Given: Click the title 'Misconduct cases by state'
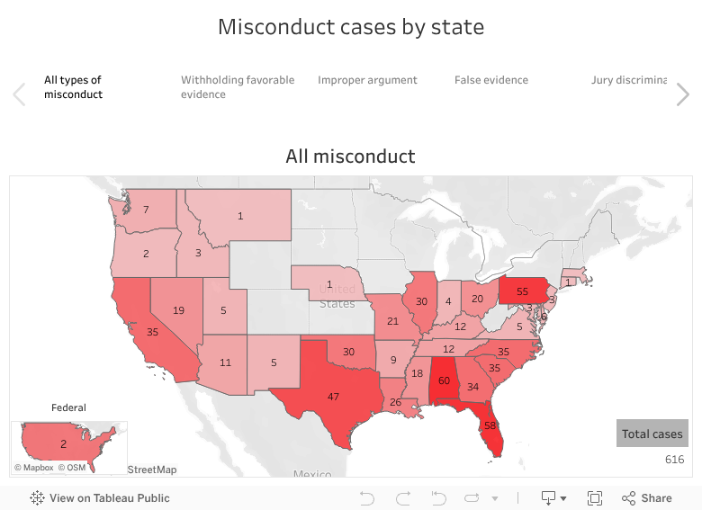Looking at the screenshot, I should [351, 27].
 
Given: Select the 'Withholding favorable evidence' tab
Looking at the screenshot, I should [238, 86].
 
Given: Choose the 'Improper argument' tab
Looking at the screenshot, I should [367, 80].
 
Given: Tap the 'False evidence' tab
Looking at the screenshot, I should [490, 80].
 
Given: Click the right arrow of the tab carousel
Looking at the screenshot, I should [683, 94].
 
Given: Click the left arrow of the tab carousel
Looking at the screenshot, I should [19, 94].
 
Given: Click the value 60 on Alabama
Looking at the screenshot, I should [444, 380].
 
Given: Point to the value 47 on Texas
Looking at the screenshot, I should [333, 397].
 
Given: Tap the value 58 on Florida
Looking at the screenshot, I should [490, 425].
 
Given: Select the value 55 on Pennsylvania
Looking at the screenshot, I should [522, 292].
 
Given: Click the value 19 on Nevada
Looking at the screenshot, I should [178, 310].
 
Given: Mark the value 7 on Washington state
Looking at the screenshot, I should [147, 210].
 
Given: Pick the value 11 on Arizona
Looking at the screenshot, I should [226, 362].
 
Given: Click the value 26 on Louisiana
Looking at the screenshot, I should [395, 402].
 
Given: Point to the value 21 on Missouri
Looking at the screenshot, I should [392, 321].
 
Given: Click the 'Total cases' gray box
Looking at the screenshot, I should [652, 434].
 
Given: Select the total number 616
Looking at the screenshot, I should [674, 460].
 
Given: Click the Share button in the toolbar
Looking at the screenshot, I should [646, 497].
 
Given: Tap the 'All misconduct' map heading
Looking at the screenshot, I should [351, 157].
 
